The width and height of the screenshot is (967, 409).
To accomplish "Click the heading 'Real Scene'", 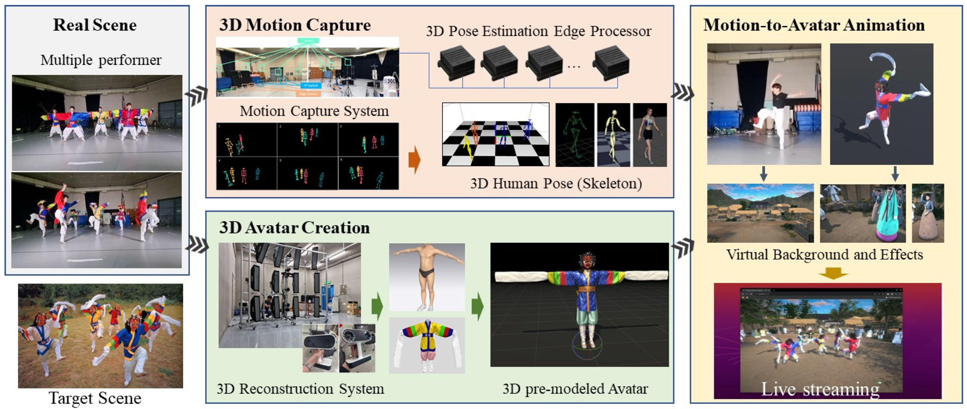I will tap(95, 25).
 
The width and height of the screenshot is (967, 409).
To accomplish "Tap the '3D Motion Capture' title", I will tap(295, 25).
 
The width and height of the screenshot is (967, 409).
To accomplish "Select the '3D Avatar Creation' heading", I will tap(294, 228).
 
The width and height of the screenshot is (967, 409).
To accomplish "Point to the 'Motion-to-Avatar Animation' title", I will tap(814, 25).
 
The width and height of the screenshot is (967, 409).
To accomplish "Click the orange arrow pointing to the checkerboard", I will tap(414, 159).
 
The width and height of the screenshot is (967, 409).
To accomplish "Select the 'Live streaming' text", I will tap(820, 389).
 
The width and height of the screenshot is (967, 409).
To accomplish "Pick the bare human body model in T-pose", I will tap(427, 276).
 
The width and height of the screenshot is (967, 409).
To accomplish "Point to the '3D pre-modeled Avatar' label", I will tap(575, 389).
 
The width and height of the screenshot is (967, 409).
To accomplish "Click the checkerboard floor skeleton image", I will tap(496, 134).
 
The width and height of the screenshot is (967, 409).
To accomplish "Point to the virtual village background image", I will tap(760, 213).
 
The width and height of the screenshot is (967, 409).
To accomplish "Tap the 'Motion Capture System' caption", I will tap(314, 111).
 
